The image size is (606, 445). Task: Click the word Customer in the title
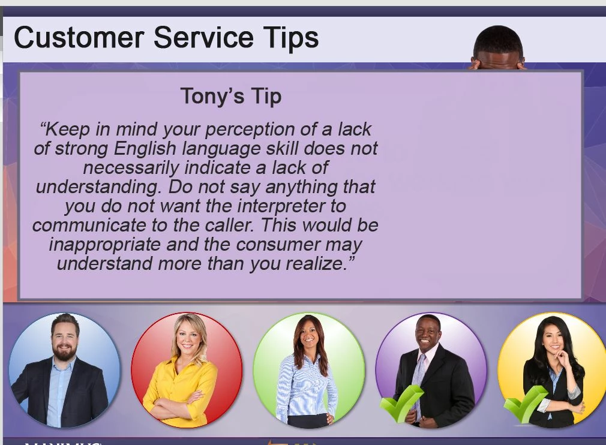coord(79,37)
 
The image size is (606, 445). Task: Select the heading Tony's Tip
coord(231,96)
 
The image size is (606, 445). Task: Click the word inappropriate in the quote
coord(105,245)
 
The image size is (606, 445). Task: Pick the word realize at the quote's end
coord(316,263)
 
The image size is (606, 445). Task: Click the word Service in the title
coord(203,37)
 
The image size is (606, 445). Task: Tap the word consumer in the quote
coord(278,245)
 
